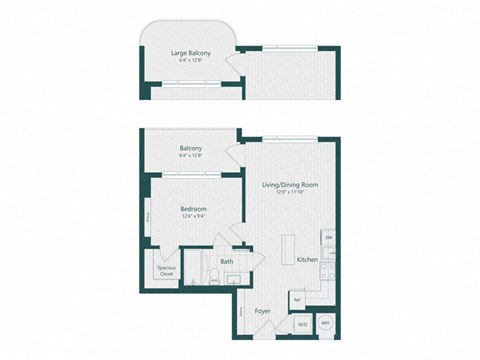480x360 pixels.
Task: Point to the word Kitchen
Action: click(x=307, y=259)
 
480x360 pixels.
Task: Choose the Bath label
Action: click(x=227, y=262)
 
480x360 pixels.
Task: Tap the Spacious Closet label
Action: click(x=166, y=270)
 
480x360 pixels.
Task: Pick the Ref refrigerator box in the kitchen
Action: click(x=298, y=296)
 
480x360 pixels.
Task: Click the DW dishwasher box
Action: click(x=328, y=237)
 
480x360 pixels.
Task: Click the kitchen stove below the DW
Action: click(x=328, y=256)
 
